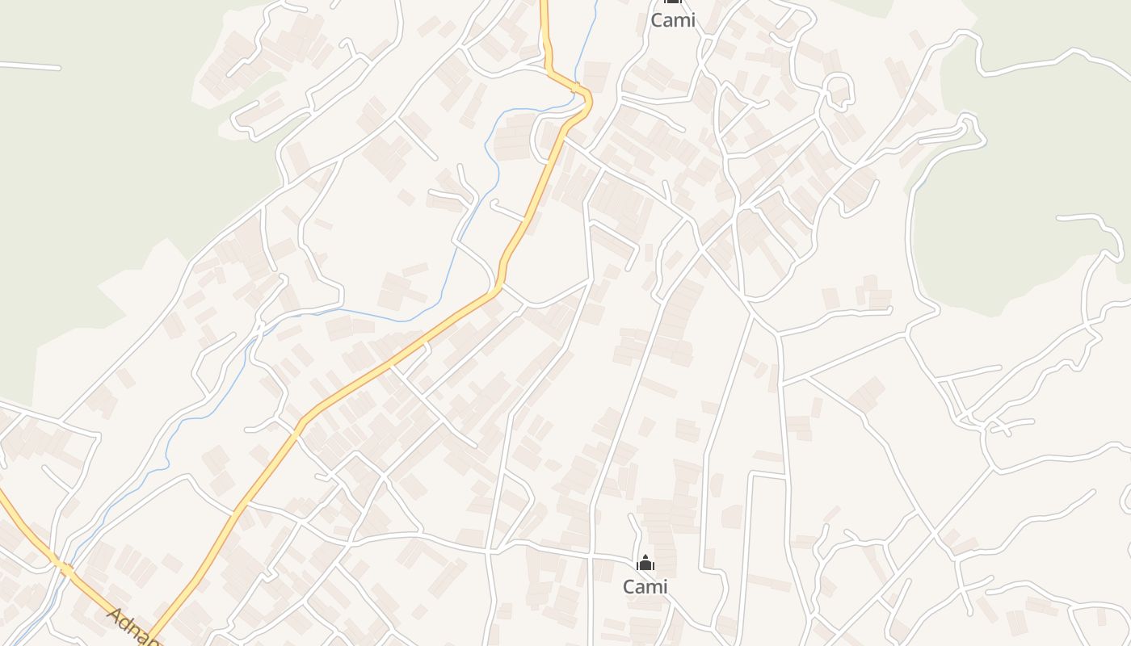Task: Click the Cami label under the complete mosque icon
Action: coord(645,586)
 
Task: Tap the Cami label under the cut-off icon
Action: coord(672,20)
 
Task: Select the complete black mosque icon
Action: coord(645,563)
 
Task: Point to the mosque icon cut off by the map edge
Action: coord(672,2)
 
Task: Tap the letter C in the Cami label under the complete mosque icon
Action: coord(629,586)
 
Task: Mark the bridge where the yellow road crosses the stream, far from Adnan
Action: coord(576,86)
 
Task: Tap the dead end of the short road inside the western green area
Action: coord(58,68)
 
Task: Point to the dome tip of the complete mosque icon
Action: coord(645,556)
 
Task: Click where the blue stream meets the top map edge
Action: coord(596,2)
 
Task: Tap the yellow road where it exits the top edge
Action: coord(544,2)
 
